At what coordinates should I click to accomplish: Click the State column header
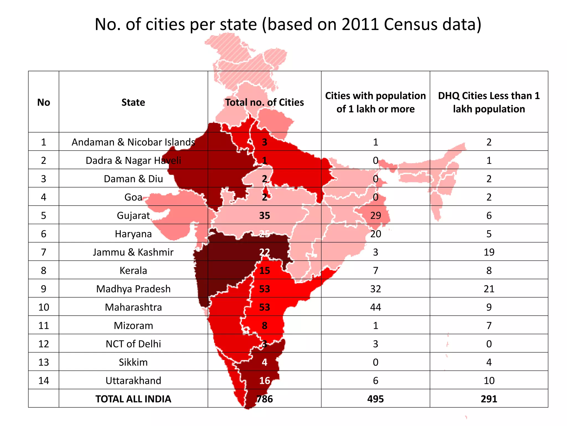tap(133, 102)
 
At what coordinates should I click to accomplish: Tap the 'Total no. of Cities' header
tap(264, 102)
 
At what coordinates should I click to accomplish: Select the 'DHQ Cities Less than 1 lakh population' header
tap(489, 102)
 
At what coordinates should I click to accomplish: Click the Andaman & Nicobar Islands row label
tap(133, 142)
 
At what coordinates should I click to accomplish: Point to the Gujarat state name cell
tap(133, 215)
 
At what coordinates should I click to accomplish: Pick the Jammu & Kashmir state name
tap(133, 252)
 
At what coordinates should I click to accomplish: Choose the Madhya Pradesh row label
tap(133, 289)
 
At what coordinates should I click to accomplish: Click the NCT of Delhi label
tap(133, 344)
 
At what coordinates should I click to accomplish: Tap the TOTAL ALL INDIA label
tap(133, 399)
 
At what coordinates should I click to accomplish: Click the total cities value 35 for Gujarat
tap(264, 215)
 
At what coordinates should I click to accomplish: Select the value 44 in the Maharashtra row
tap(375, 307)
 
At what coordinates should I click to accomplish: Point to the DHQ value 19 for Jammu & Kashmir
tap(489, 252)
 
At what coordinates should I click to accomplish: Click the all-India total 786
tap(265, 399)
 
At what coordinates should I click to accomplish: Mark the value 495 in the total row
tap(375, 399)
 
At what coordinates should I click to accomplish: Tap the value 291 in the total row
tap(489, 399)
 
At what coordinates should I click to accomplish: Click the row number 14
tap(44, 381)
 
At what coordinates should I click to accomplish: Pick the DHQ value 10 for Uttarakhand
tap(489, 381)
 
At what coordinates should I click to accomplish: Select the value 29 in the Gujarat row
tap(375, 215)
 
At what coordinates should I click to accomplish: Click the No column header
tap(44, 102)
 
